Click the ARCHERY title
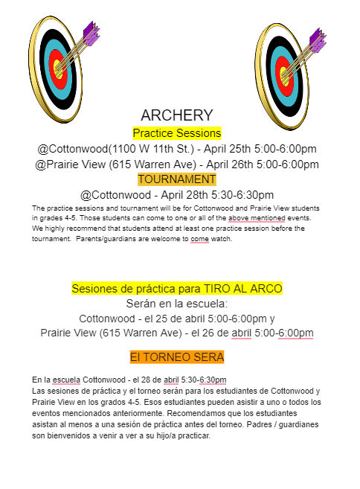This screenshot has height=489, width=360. pyautogui.click(x=177, y=115)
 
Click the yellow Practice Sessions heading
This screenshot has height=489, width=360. pyautogui.click(x=177, y=133)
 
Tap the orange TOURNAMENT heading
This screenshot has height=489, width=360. pyautogui.click(x=177, y=179)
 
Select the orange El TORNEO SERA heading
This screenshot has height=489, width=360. pyautogui.click(x=177, y=358)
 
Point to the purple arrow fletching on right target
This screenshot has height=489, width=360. pyautogui.click(x=317, y=37)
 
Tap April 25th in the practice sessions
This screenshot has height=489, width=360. pyautogui.click(x=235, y=149)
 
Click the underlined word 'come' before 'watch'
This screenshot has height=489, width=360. pyautogui.click(x=199, y=240)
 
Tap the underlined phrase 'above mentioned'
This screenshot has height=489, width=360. pyautogui.click(x=257, y=218)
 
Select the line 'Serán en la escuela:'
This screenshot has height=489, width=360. pyautogui.click(x=177, y=304)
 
